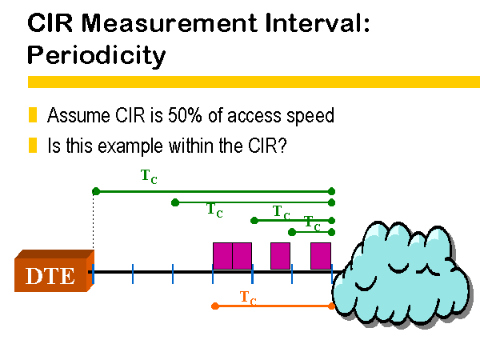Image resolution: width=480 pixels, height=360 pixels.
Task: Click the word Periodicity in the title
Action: [x=97, y=55]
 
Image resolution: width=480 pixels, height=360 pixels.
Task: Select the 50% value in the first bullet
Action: [x=185, y=115]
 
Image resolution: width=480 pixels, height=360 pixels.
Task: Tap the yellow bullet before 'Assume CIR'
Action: [x=33, y=114]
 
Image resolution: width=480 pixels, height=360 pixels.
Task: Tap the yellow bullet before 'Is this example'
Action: [x=33, y=145]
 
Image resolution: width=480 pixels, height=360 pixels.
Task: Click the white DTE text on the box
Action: [x=50, y=276]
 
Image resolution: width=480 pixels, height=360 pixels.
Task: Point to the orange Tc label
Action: [x=248, y=298]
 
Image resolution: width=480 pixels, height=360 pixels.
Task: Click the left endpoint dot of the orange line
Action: [x=215, y=306]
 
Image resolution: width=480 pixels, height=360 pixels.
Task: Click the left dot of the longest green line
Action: [x=96, y=192]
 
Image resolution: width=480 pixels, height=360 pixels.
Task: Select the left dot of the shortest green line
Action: [x=292, y=232]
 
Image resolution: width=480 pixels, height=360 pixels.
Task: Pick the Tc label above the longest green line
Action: [x=149, y=177]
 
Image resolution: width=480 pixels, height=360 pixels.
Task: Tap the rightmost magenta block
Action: [x=321, y=256]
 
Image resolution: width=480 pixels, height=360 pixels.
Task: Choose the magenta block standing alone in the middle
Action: [x=281, y=256]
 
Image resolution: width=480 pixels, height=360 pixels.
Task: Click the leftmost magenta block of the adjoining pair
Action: [x=223, y=256]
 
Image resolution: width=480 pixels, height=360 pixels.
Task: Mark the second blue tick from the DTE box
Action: [x=133, y=274]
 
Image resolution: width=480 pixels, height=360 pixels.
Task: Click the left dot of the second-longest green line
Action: [x=175, y=202]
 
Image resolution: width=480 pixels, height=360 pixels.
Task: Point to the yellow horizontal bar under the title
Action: [x=254, y=82]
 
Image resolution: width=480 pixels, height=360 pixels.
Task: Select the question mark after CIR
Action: [x=282, y=146]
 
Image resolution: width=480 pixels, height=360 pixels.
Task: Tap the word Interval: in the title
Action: [x=318, y=22]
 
